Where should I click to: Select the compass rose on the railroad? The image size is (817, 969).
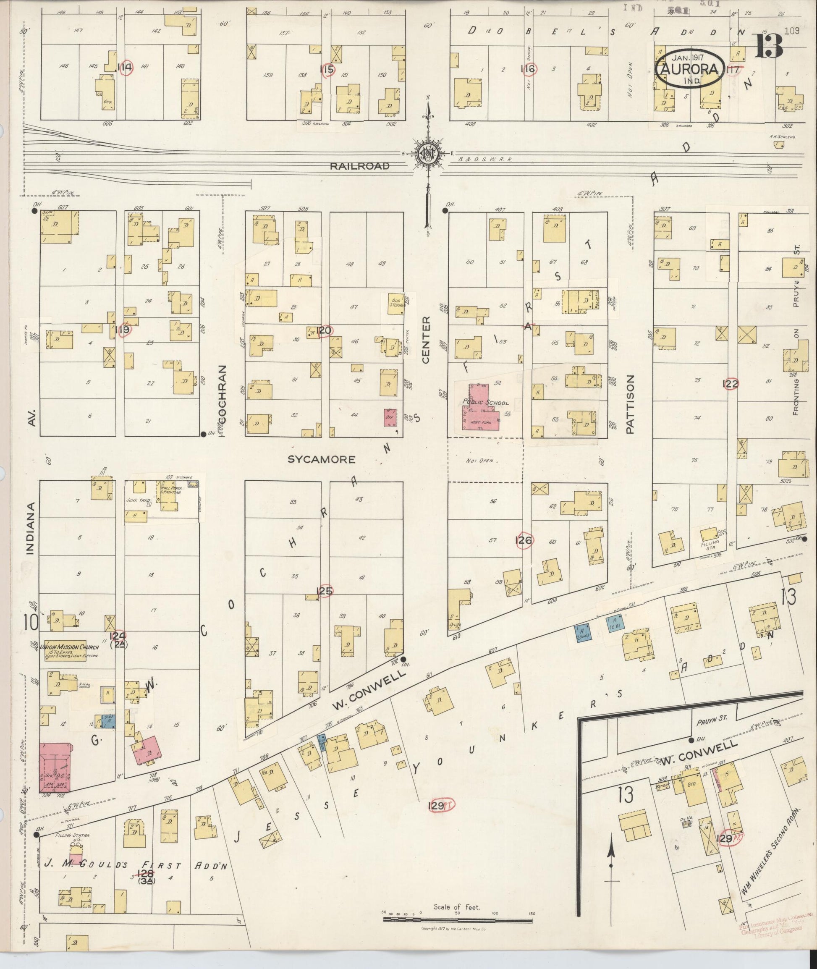pos(428,154)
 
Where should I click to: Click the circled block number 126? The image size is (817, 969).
pos(524,540)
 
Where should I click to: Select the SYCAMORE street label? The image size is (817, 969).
pos(322,459)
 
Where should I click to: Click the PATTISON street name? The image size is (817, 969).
pos(630,404)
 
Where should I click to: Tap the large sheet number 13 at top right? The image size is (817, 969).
pos(769,46)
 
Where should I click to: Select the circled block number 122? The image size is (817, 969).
pos(731,383)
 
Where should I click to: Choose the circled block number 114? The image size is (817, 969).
pos(125,68)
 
